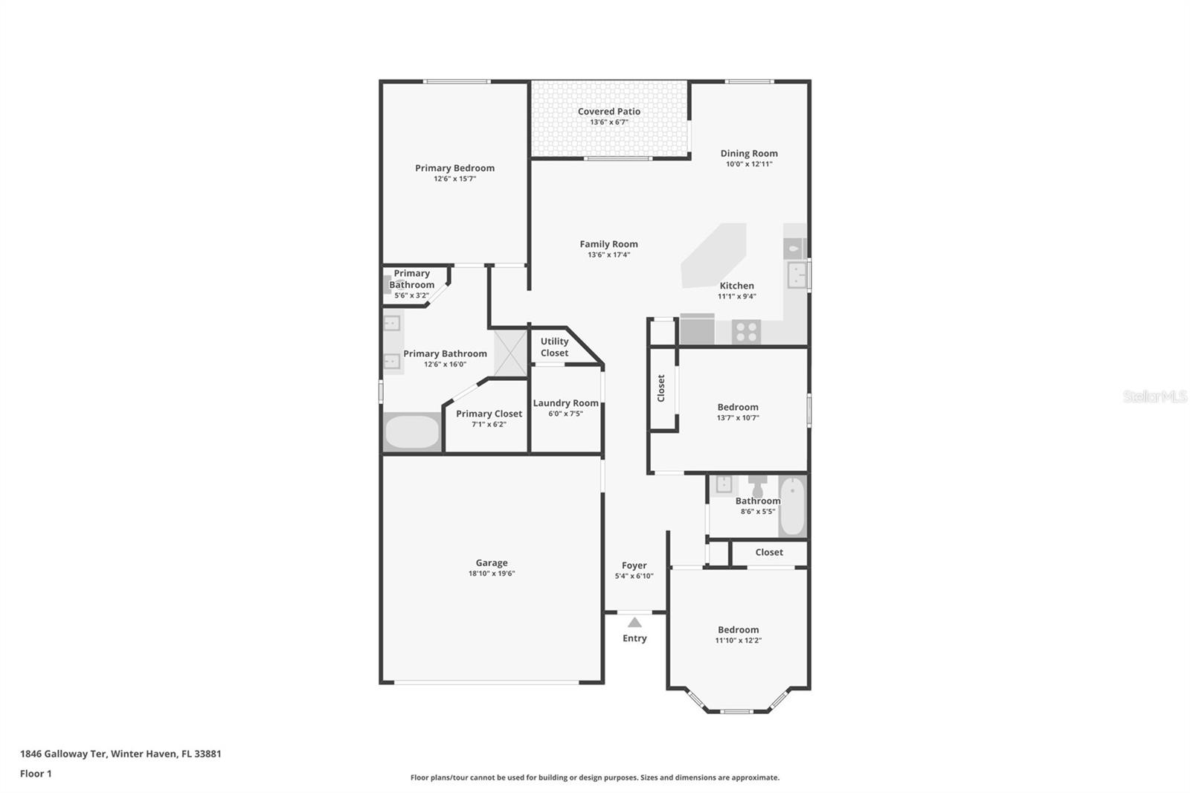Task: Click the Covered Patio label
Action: coord(608,112)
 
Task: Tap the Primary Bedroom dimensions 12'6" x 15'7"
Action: coord(454,179)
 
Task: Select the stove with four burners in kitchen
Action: coord(746,331)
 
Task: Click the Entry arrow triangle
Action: coord(634,623)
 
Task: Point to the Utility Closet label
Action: coord(554,347)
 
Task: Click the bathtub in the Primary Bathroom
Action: coord(412,432)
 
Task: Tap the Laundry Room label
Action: coord(565,403)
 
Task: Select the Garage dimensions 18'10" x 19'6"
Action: coord(492,574)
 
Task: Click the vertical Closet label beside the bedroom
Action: coord(661,388)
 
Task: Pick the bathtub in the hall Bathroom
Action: coord(793,506)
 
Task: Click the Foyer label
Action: coord(634,565)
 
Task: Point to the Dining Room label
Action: coord(748,153)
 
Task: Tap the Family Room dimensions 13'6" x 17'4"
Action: coord(608,255)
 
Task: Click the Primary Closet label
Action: coord(489,414)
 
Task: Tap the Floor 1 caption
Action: coord(36,774)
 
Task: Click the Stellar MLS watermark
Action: coord(1154,396)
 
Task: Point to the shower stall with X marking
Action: coord(510,353)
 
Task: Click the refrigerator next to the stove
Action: coord(697,330)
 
